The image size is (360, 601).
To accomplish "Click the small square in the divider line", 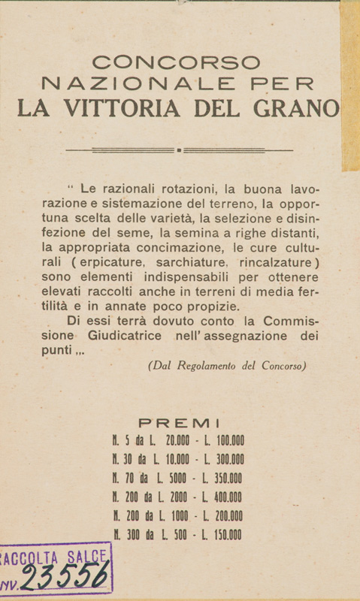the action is [x=179, y=149].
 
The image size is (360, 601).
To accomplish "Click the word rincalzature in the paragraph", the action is [x=274, y=263].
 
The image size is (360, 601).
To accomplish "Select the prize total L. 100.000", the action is [x=224, y=441].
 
